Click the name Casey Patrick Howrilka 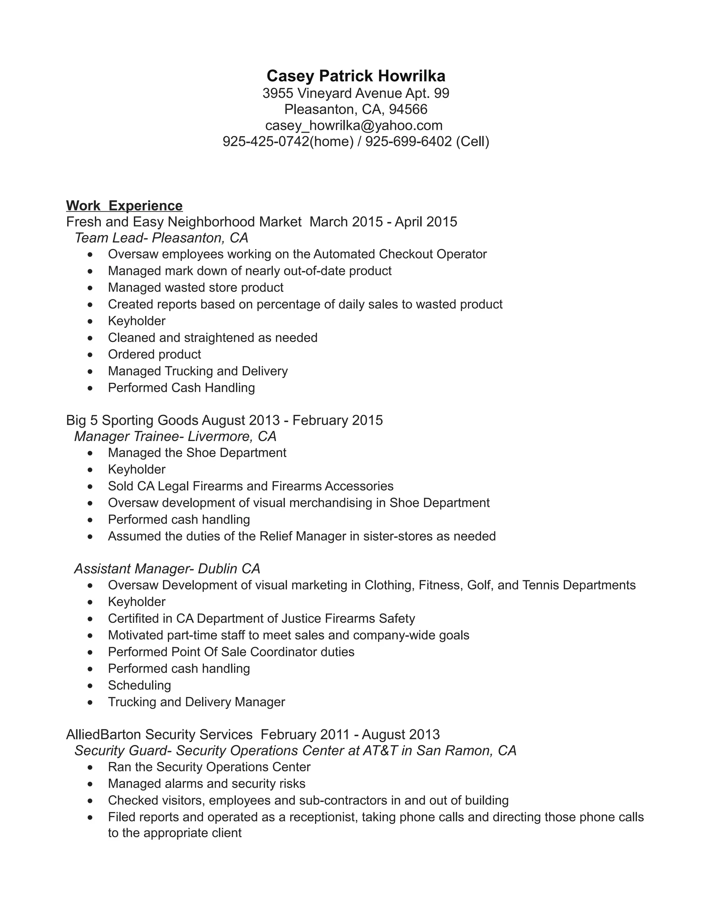pyautogui.click(x=356, y=76)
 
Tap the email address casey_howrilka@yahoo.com pyautogui.click(x=354, y=125)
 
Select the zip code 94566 pyautogui.click(x=408, y=109)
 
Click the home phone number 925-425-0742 pyautogui.click(x=266, y=141)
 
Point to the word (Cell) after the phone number pyautogui.click(x=472, y=141)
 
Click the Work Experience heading pyautogui.click(x=124, y=206)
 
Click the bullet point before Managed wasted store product pyautogui.click(x=90, y=288)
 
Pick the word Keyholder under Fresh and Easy pyautogui.click(x=137, y=321)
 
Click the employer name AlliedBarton pyautogui.click(x=104, y=734)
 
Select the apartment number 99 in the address pyautogui.click(x=441, y=93)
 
